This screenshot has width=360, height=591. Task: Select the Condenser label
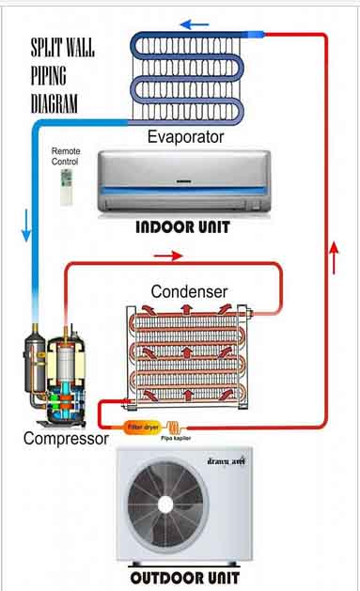189,291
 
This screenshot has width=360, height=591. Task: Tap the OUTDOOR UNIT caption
184,578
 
